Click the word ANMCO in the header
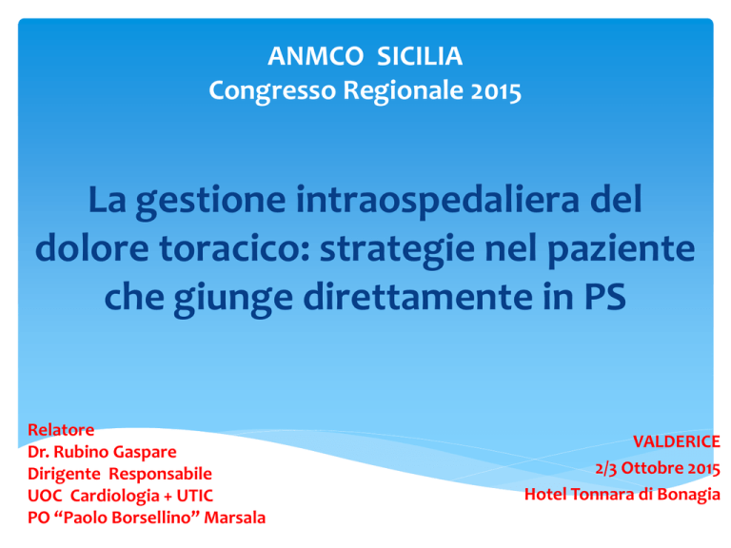pyautogui.click(x=316, y=56)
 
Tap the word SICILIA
pyautogui.click(x=420, y=56)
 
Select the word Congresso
pyautogui.click(x=272, y=91)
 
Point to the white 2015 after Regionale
pyautogui.click(x=496, y=90)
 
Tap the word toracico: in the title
pyautogui.click(x=234, y=248)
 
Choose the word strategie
pyautogui.click(x=397, y=250)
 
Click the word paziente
pyautogui.click(x=621, y=250)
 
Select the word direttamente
pyautogui.click(x=418, y=297)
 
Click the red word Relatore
pyautogui.click(x=61, y=430)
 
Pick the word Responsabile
pyautogui.click(x=160, y=474)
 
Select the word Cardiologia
pyautogui.click(x=115, y=496)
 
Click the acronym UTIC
pyautogui.click(x=195, y=496)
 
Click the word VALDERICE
pyautogui.click(x=677, y=441)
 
